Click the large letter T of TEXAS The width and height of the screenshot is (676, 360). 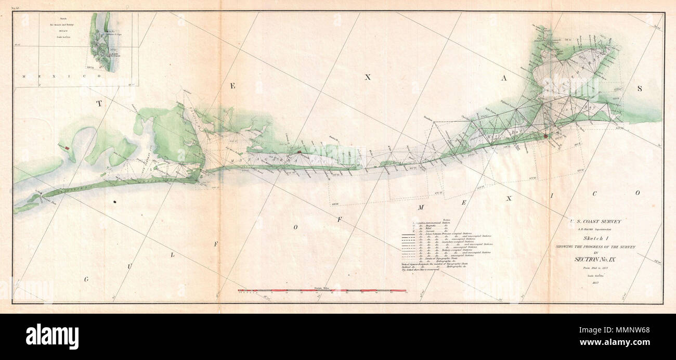[x=98, y=104]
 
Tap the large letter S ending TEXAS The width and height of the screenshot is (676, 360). [x=640, y=88]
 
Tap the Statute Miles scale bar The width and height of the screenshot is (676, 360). [x=322, y=290]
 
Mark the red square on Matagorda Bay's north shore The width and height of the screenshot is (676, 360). [x=300, y=151]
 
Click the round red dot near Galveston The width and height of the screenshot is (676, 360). [x=545, y=137]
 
